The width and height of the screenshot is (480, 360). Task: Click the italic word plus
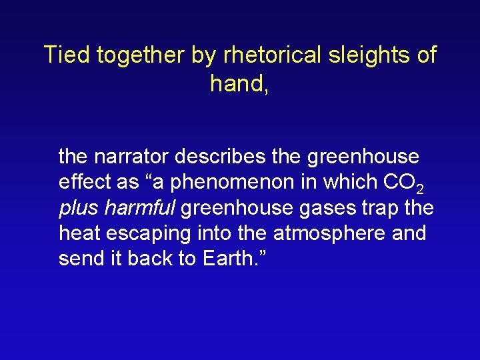coord(77,209)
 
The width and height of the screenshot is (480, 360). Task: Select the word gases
coord(321,209)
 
